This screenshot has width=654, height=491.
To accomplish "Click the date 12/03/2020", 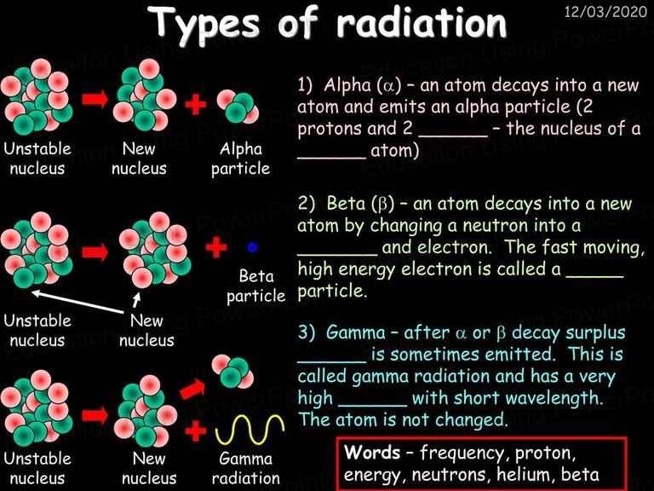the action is pyautogui.click(x=605, y=11).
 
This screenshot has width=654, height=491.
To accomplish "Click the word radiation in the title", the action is pyautogui.click(x=422, y=22).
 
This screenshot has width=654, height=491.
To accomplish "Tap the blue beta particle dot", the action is pyautogui.click(x=252, y=247).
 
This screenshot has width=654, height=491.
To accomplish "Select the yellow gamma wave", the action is pyautogui.click(x=250, y=430).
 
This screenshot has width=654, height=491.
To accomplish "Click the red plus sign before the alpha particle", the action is pyautogui.click(x=196, y=104).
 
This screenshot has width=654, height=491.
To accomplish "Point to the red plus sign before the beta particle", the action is pyautogui.click(x=216, y=247).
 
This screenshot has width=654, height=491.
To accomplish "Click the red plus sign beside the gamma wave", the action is pyautogui.click(x=196, y=430).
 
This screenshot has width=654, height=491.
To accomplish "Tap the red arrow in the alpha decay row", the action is pyautogui.click(x=95, y=99).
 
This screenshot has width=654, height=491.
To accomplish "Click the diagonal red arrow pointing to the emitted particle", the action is pyautogui.click(x=192, y=389).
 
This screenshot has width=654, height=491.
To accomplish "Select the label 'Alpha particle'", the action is pyautogui.click(x=241, y=159).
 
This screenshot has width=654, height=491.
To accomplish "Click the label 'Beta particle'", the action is pyautogui.click(x=255, y=286).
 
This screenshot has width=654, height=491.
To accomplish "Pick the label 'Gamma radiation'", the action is pyautogui.click(x=245, y=468).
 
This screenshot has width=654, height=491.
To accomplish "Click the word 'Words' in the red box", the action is pyautogui.click(x=372, y=452).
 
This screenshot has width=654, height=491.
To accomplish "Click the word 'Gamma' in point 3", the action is pyautogui.click(x=356, y=332).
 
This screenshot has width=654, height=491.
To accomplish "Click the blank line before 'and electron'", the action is pyautogui.click(x=337, y=254).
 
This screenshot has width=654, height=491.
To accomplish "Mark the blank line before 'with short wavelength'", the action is pyautogui.click(x=372, y=405).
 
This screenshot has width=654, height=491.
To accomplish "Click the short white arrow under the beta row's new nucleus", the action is pyautogui.click(x=136, y=300).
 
